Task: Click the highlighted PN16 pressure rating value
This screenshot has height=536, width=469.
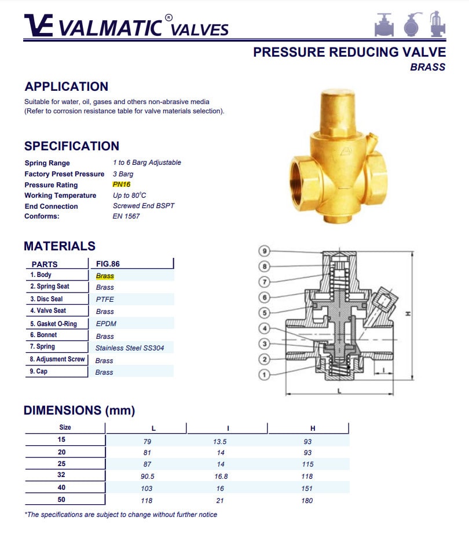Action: click(122, 184)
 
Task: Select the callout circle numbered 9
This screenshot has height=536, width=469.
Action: click(264, 251)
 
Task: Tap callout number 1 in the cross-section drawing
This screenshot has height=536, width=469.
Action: click(264, 375)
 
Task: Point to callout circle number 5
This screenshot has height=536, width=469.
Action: click(264, 313)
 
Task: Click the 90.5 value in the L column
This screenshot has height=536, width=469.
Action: click(147, 476)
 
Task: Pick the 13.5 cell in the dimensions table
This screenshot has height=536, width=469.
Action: click(220, 442)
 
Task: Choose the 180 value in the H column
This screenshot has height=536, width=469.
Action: click(307, 501)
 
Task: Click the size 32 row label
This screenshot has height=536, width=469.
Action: click(61, 475)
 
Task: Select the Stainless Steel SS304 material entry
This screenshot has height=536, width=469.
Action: click(129, 348)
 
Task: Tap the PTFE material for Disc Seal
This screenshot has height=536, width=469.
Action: click(105, 299)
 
